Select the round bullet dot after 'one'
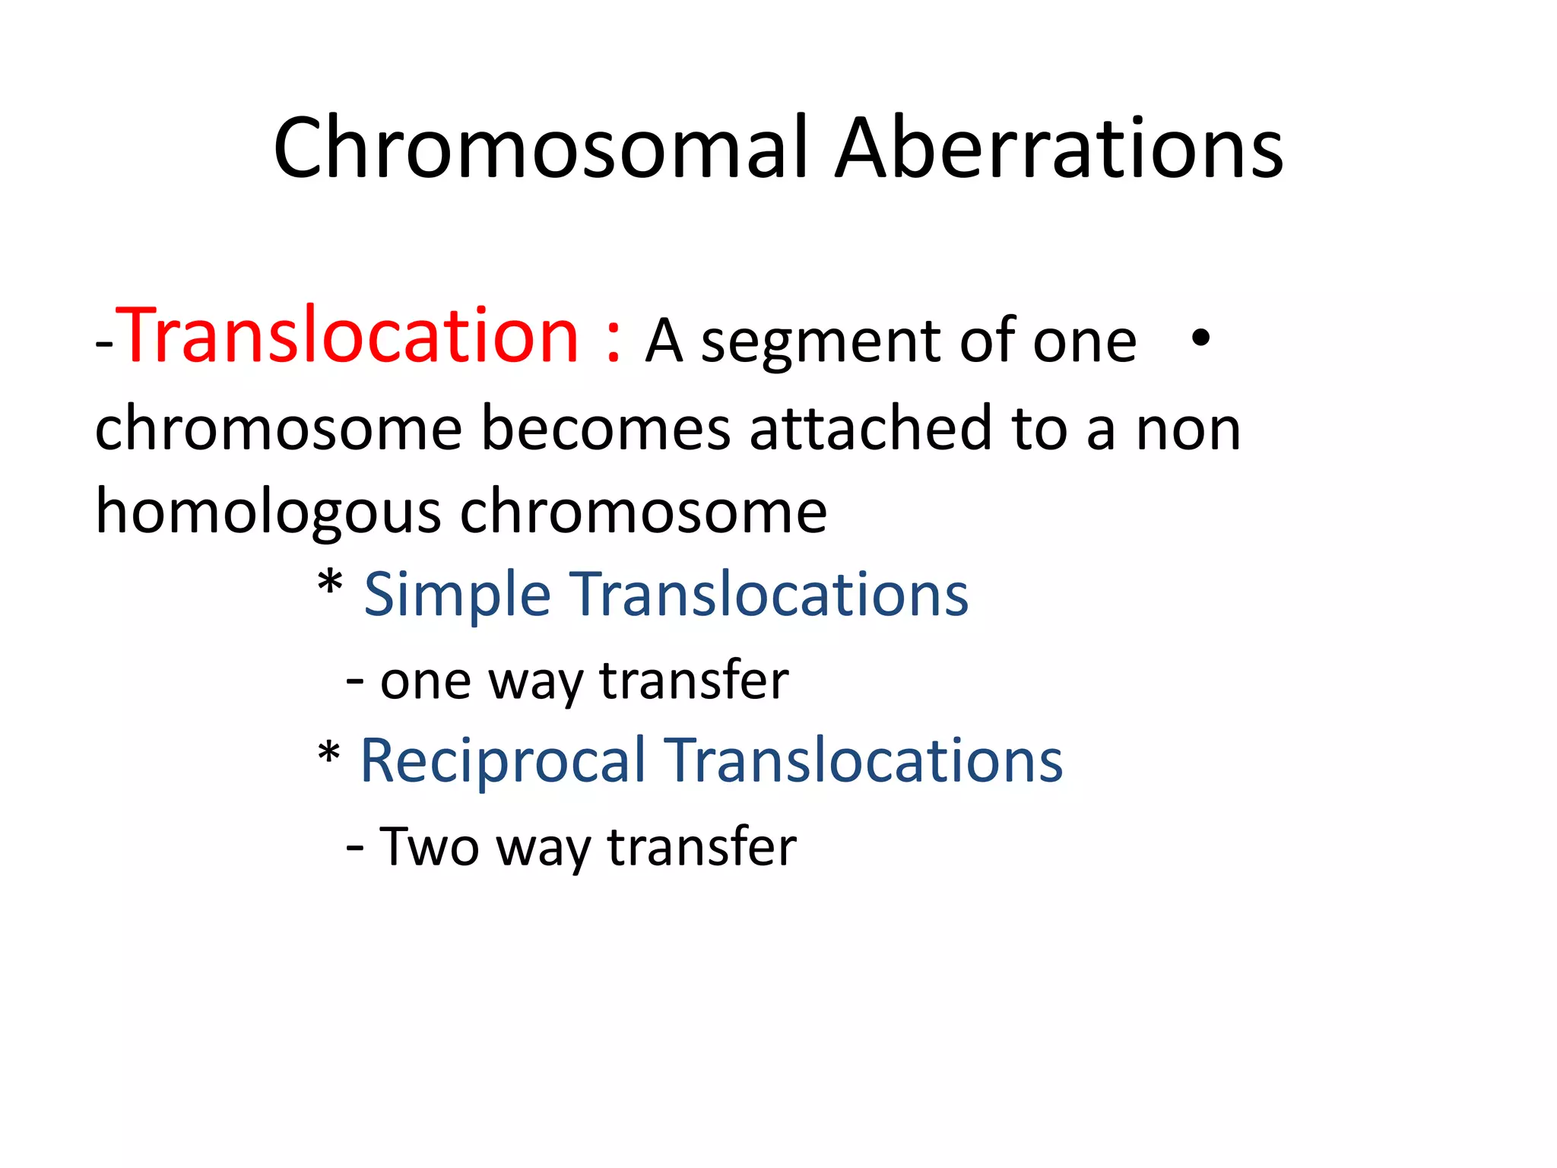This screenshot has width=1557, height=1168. point(1200,338)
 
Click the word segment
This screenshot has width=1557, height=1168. point(821,342)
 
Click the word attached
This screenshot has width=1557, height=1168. point(871,428)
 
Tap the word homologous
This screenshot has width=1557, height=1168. point(268,512)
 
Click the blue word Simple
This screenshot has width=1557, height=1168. point(457,595)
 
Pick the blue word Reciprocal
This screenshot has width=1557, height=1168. point(502,761)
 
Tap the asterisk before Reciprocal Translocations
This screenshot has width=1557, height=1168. point(328,753)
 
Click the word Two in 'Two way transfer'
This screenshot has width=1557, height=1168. point(430,846)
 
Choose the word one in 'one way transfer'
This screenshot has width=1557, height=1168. point(425,681)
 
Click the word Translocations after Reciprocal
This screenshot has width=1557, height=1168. point(864,761)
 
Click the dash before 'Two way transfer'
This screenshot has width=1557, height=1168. point(354,846)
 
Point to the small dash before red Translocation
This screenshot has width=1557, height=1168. point(104,346)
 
